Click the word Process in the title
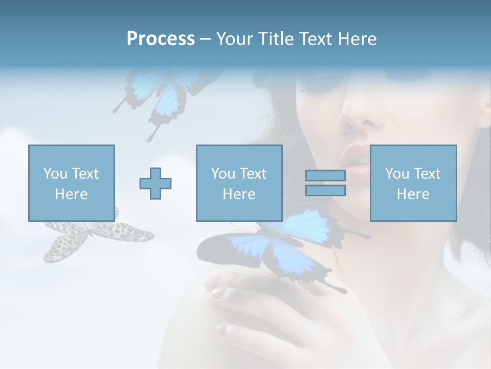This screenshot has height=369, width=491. coord(161,39)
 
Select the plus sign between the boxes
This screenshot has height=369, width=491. coord(155,183)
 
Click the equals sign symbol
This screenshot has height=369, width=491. coord(325,183)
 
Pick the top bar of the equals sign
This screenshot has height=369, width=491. coord(325,176)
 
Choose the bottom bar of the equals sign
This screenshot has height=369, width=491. coord(325,191)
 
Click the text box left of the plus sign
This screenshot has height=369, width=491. coord(71,183)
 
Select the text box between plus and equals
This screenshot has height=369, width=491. coord(239,183)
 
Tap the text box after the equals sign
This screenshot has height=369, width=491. coord(413,183)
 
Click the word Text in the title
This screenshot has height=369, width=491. coord(316,39)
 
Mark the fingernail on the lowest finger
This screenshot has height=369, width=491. coord(221,328)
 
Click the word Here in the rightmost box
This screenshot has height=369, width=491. coord(413,194)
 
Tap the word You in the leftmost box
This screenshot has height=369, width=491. coord(55,174)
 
